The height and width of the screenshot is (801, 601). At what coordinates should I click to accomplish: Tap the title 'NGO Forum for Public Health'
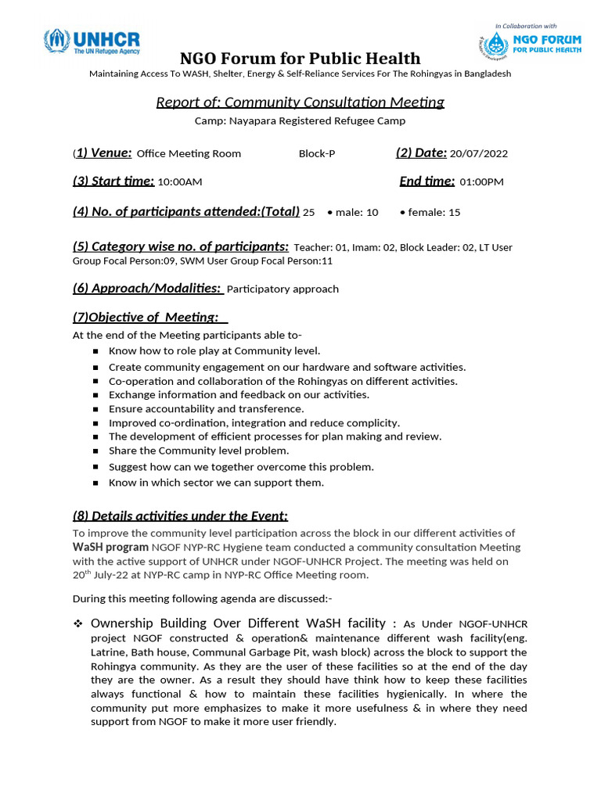pyautogui.click(x=300, y=59)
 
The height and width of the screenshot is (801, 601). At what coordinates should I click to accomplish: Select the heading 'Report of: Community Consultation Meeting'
pyautogui.click(x=300, y=102)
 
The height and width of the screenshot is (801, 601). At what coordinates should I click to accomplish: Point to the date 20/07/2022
pyautogui.click(x=478, y=153)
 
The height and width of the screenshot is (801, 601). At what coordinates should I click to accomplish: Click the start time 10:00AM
pyautogui.click(x=180, y=182)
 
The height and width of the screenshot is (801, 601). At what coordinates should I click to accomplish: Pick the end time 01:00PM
pyautogui.click(x=481, y=182)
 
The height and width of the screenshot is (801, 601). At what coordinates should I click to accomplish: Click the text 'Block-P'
pyautogui.click(x=317, y=153)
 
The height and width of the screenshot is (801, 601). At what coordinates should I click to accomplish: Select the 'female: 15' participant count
pyautogui.click(x=430, y=213)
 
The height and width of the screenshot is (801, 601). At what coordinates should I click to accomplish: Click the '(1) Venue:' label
pyautogui.click(x=103, y=153)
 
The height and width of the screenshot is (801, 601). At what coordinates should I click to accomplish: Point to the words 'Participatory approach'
pyautogui.click(x=283, y=289)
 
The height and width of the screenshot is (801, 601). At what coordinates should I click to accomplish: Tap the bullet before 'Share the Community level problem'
pyautogui.click(x=95, y=451)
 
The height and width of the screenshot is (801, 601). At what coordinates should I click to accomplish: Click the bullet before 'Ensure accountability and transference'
pyautogui.click(x=95, y=409)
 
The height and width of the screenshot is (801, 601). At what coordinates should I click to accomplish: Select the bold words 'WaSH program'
pyautogui.click(x=110, y=548)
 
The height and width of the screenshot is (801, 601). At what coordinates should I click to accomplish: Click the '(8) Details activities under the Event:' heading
pyautogui.click(x=180, y=515)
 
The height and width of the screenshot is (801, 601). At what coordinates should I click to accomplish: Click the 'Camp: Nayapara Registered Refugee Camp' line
pyautogui.click(x=300, y=121)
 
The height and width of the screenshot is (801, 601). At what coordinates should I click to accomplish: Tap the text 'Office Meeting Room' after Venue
pyautogui.click(x=189, y=153)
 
